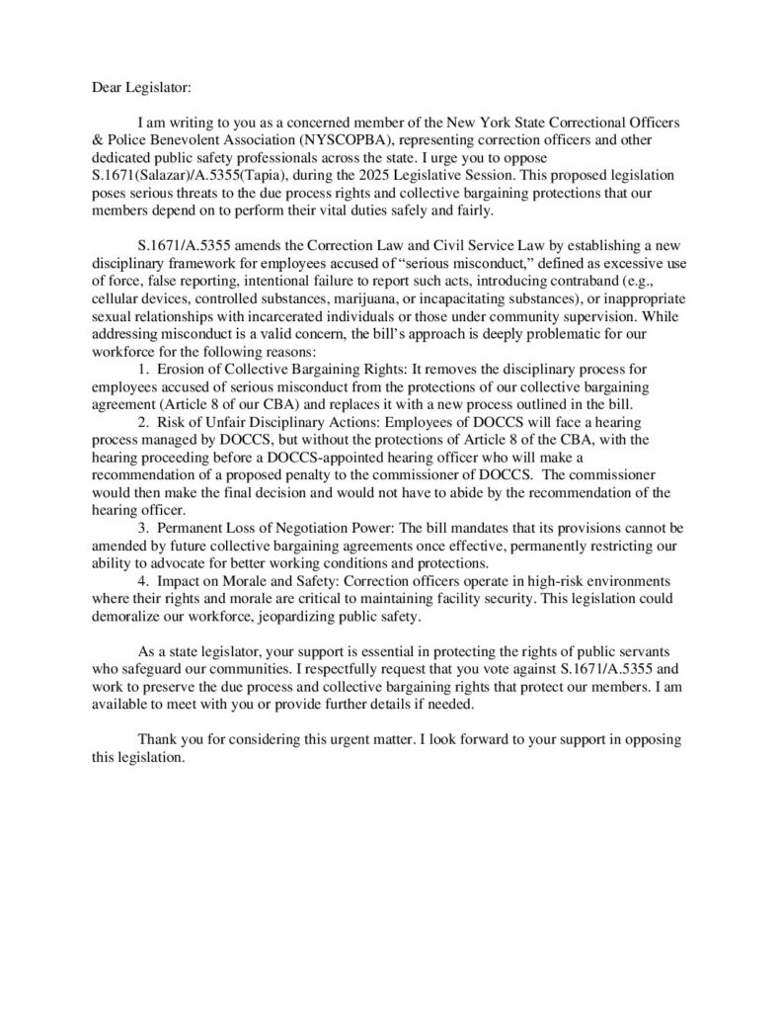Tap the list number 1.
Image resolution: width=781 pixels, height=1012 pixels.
pos(143,367)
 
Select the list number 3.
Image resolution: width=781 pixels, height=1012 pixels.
pos(143,528)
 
